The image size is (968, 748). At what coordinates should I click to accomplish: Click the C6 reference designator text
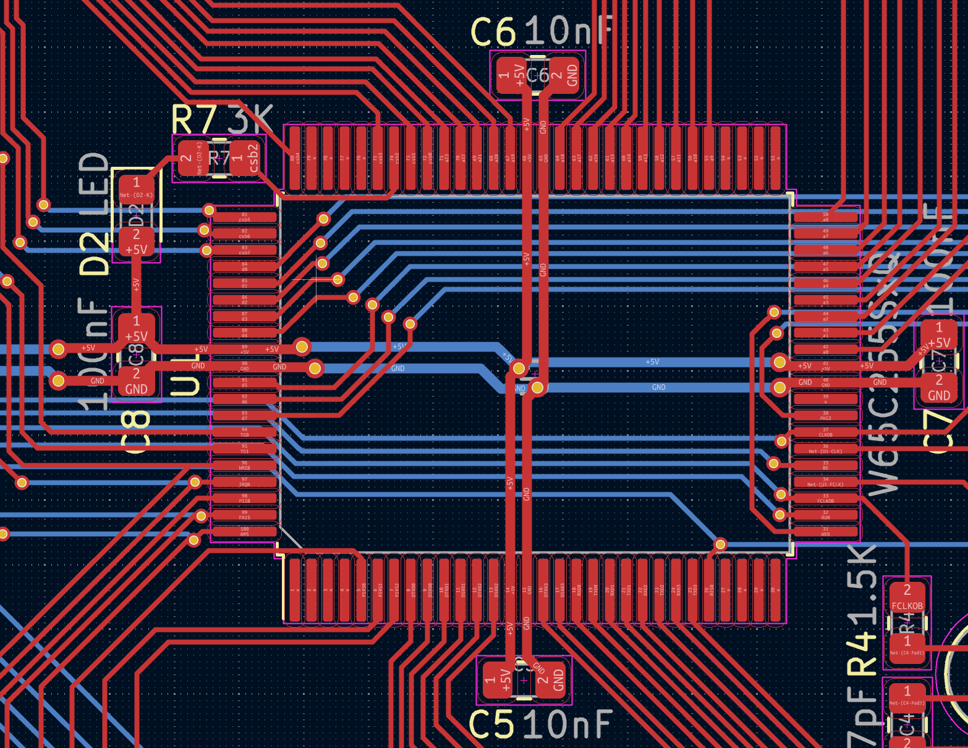[x=493, y=32]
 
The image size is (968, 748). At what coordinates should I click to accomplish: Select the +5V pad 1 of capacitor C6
[x=511, y=76]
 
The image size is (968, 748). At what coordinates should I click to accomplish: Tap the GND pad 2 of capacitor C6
[x=564, y=76]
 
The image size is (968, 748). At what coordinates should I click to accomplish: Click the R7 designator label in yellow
[x=193, y=120]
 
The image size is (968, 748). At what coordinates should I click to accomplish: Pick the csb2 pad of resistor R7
[x=245, y=158]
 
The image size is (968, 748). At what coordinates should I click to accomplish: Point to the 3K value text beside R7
[x=250, y=120]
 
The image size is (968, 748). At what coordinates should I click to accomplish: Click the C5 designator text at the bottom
[x=491, y=724]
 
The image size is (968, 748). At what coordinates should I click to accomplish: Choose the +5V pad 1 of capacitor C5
[x=498, y=679]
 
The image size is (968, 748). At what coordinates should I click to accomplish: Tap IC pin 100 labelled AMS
[x=244, y=531]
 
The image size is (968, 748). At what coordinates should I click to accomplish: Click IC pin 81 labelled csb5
[x=244, y=217]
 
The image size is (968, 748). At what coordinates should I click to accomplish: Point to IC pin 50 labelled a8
[x=825, y=217]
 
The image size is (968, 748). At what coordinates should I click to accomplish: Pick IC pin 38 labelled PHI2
[x=825, y=416]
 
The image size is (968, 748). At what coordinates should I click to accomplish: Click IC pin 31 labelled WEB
[x=825, y=531]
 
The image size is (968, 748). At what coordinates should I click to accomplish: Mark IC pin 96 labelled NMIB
[x=244, y=465]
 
